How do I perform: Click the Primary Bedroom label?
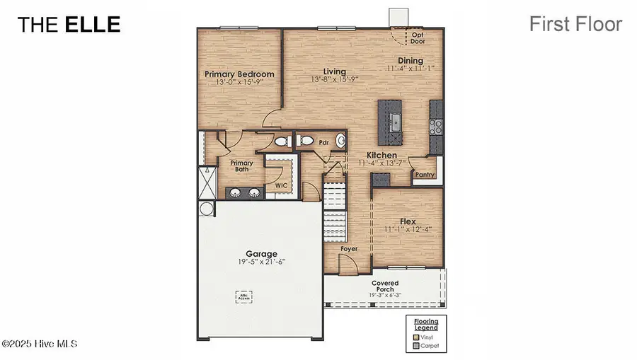click(239, 74)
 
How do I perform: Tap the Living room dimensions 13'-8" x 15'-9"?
click(335, 80)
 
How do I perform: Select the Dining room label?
click(410, 61)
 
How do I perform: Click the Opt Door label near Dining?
click(418, 37)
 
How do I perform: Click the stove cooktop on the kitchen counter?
click(437, 126)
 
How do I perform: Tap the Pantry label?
click(424, 174)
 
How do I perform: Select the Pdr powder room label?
click(324, 142)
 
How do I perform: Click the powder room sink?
click(340, 141)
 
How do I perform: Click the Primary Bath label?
click(241, 166)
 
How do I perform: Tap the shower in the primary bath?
click(207, 182)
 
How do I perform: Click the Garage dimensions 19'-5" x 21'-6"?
click(261, 262)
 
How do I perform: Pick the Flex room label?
click(407, 221)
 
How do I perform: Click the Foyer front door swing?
click(348, 264)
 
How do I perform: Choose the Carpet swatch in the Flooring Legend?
click(417, 347)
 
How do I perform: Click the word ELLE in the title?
click(93, 24)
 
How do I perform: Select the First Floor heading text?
click(575, 24)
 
